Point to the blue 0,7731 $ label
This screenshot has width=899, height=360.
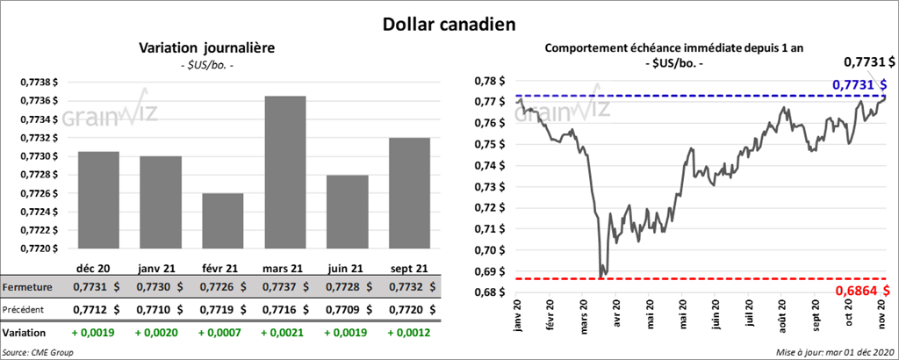[858, 84]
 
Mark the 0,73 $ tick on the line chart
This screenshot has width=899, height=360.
[492, 187]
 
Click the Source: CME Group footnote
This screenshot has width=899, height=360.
[39, 352]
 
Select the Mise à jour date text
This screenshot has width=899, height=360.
[835, 352]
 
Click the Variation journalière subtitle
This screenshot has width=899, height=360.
[207, 48]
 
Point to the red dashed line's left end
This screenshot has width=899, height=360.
[518, 278]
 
